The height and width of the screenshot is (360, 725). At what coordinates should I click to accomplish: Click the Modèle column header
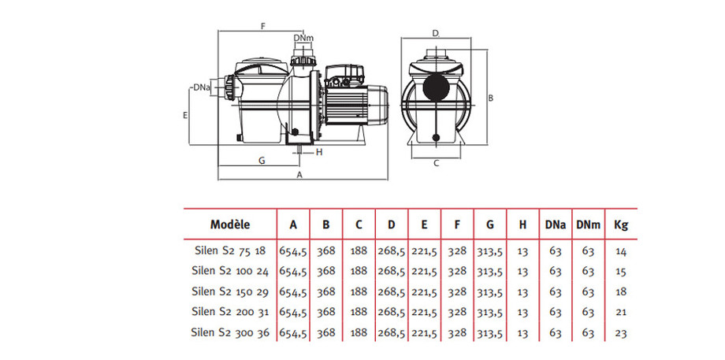tap(230, 225)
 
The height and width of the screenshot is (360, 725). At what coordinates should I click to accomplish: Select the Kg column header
tap(620, 225)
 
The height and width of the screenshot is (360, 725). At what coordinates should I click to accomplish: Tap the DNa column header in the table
tap(555, 225)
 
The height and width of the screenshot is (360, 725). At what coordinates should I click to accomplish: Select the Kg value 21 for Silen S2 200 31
tap(620, 312)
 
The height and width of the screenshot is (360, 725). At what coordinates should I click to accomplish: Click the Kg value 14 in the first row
tap(620, 251)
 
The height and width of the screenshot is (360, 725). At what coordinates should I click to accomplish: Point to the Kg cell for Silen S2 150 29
tap(620, 291)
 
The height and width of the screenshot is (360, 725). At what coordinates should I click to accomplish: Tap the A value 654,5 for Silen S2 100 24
tap(293, 271)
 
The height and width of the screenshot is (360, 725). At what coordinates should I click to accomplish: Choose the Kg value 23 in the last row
tap(620, 332)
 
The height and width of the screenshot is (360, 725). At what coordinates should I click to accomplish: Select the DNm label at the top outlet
tap(303, 37)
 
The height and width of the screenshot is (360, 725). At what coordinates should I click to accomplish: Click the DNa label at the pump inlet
tap(199, 87)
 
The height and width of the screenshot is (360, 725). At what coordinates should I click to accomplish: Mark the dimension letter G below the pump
tap(261, 160)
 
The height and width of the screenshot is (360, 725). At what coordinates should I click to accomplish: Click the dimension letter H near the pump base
tap(319, 151)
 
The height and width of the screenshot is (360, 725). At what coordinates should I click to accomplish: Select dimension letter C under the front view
tap(436, 164)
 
